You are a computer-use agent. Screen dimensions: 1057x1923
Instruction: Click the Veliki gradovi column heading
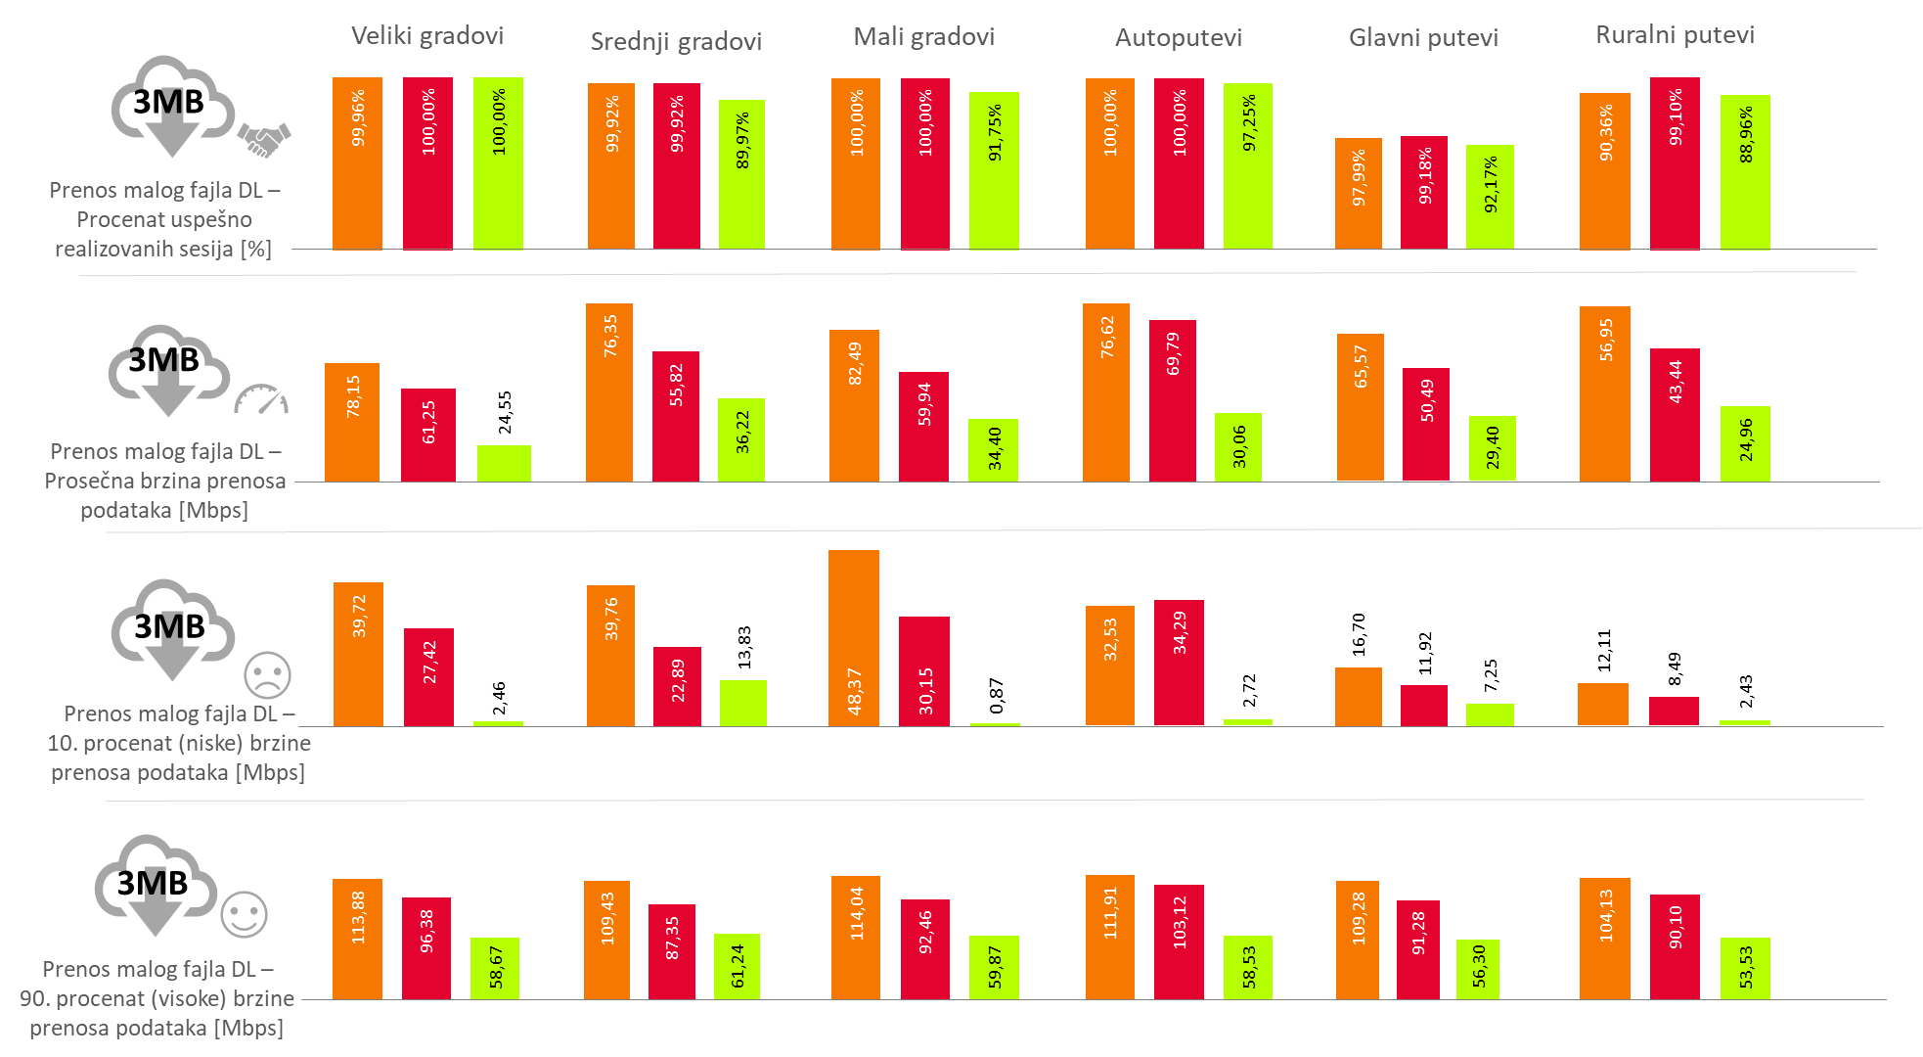(x=427, y=36)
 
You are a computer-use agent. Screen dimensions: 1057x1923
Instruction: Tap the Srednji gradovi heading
(x=676, y=41)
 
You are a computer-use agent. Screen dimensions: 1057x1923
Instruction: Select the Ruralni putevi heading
(x=1675, y=35)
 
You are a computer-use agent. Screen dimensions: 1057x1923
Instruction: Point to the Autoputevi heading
(x=1178, y=38)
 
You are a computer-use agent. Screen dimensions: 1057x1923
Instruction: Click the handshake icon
(x=264, y=139)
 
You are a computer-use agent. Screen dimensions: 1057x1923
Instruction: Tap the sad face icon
(x=267, y=675)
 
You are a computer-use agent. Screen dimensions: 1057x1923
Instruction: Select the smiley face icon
(x=244, y=915)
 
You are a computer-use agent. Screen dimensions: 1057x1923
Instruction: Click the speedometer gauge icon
(x=261, y=399)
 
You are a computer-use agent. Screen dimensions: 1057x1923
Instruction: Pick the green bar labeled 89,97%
(x=741, y=174)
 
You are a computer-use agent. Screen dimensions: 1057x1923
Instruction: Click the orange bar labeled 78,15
(x=352, y=422)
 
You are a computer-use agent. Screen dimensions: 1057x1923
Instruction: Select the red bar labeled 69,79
(x=1173, y=400)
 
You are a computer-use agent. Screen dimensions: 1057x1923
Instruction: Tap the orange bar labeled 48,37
(x=854, y=637)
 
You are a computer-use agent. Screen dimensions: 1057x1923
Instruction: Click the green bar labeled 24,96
(x=1745, y=443)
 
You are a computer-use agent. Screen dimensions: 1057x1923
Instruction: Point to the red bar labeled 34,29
(x=1179, y=662)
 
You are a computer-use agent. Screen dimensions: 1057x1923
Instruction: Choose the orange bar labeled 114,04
(x=856, y=938)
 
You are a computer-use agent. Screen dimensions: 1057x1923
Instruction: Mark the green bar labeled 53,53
(x=1745, y=968)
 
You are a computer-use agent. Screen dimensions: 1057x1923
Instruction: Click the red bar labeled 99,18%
(x=1424, y=192)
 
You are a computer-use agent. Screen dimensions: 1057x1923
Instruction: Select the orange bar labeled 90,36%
(x=1605, y=170)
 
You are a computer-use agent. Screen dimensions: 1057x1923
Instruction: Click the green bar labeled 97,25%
(x=1248, y=165)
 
